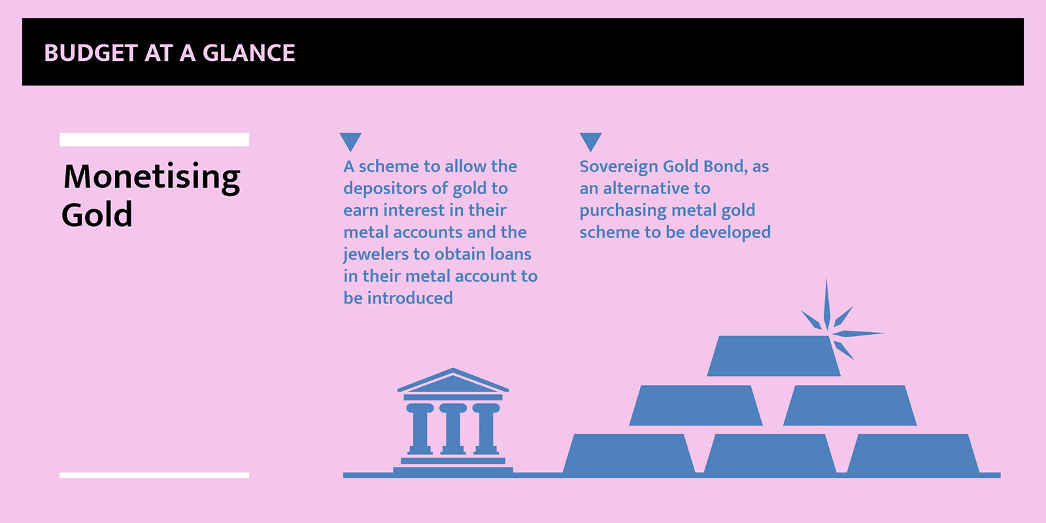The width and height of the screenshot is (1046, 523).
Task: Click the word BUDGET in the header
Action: coord(91,53)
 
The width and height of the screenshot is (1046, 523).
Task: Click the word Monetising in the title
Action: coord(152,177)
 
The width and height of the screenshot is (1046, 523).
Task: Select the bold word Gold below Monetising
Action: coord(97,215)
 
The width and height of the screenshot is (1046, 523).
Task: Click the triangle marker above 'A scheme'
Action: coord(350,142)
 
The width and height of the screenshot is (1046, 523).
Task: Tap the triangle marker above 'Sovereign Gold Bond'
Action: coord(591,142)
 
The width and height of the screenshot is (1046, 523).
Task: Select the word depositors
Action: coord(386,189)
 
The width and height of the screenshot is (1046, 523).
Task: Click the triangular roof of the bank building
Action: coord(453,380)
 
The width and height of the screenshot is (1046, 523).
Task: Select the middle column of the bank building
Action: coord(453,429)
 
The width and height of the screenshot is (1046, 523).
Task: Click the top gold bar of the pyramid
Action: coord(774,356)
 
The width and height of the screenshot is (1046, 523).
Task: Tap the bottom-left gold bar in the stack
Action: coord(628,454)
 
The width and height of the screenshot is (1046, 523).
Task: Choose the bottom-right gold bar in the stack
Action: coord(913,454)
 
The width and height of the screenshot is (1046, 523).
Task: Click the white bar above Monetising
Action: coord(154,140)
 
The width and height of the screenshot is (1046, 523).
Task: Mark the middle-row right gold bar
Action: coord(850,405)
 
